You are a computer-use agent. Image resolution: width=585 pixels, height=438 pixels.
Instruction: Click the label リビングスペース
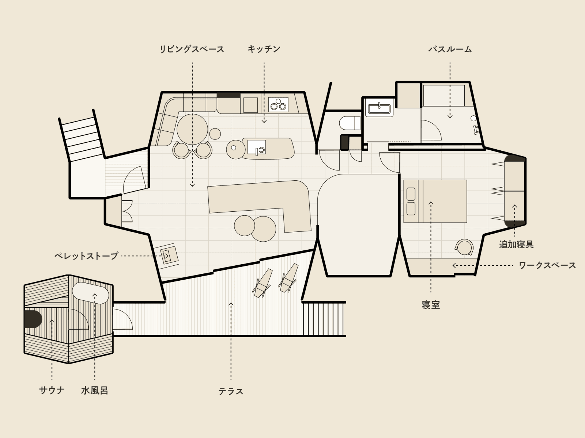(192, 49)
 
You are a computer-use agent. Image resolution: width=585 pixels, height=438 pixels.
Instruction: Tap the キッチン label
(264, 49)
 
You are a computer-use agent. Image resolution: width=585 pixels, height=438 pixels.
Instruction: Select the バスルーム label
(450, 49)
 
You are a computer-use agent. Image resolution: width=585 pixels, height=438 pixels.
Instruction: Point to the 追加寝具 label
(516, 244)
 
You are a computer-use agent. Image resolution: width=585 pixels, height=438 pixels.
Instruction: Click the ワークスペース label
(547, 265)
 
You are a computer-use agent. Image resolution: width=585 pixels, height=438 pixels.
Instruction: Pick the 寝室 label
(431, 305)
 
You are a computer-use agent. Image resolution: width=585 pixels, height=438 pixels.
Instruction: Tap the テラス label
(231, 391)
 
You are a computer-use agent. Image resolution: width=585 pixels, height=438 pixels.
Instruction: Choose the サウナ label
(52, 391)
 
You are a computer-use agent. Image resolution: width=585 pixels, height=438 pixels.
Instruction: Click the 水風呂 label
(95, 391)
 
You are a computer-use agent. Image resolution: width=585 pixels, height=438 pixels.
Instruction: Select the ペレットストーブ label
(86, 256)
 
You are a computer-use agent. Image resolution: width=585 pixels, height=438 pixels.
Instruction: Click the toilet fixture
(350, 123)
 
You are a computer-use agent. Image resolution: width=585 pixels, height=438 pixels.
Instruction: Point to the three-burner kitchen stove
(278, 104)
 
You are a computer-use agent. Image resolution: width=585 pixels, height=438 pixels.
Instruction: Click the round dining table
(192, 130)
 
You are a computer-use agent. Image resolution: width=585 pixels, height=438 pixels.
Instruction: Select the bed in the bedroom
(435, 201)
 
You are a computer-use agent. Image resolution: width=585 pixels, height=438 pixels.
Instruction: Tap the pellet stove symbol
(169, 255)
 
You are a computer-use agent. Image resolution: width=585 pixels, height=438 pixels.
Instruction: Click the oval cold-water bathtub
(90, 293)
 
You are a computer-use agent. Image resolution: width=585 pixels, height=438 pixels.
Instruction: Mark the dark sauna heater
(33, 319)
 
